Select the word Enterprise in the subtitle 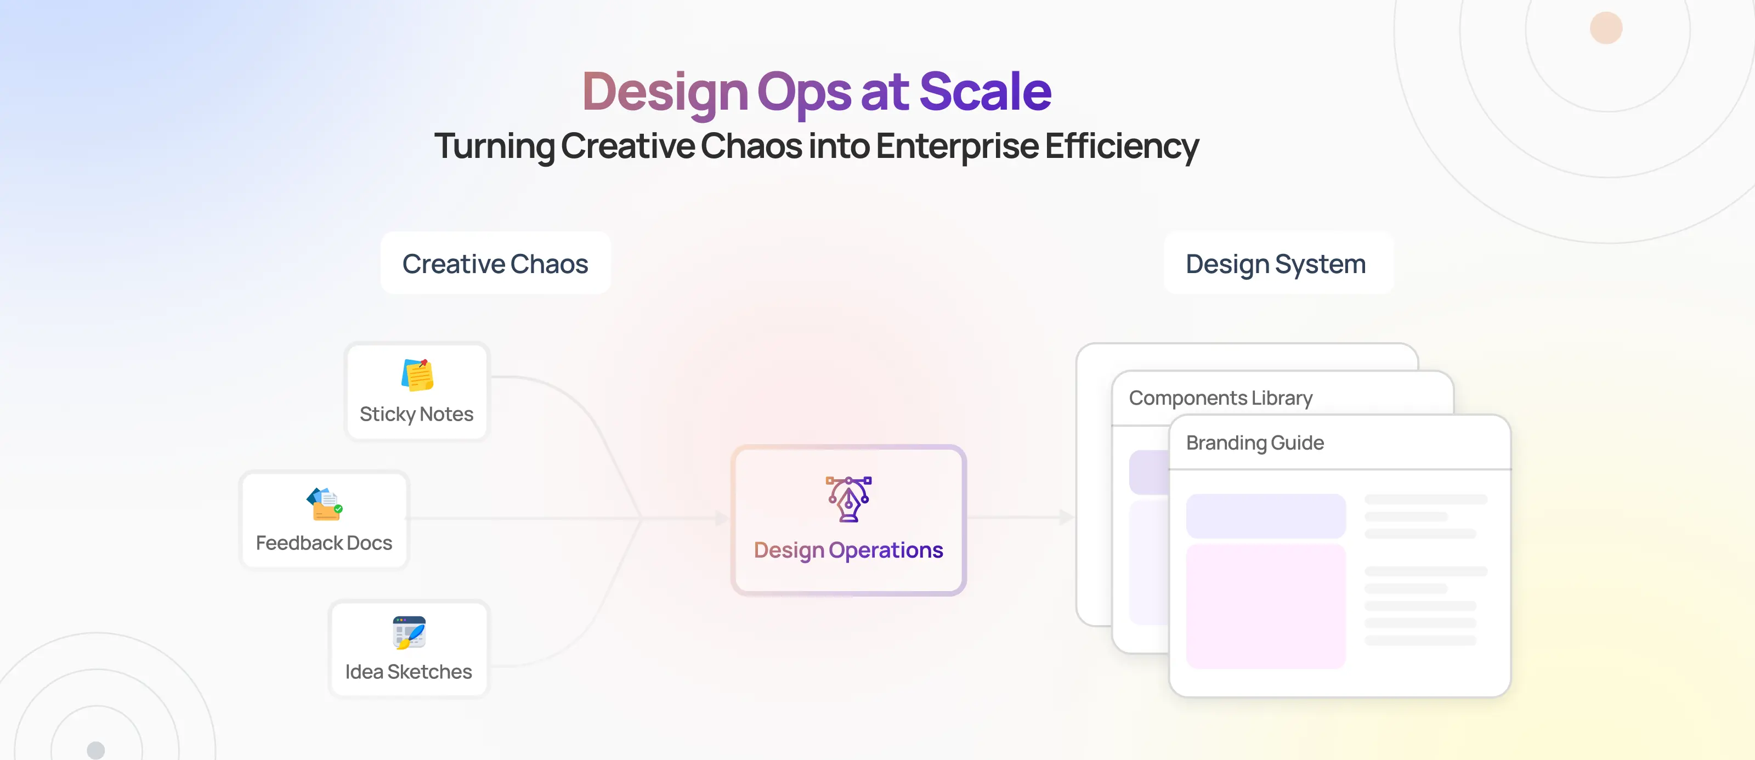[x=957, y=147]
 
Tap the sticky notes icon [x=417, y=375]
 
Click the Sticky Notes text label [x=416, y=414]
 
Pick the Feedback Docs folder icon [x=324, y=504]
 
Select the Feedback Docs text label [x=324, y=543]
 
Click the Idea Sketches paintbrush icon [x=410, y=633]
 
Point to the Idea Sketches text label [x=409, y=672]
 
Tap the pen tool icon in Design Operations [x=849, y=499]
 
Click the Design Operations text [x=849, y=550]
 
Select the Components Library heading [x=1221, y=398]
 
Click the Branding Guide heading [x=1255, y=443]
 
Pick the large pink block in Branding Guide [x=1266, y=606]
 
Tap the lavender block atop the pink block [x=1266, y=515]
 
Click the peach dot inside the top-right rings [x=1606, y=28]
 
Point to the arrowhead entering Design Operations [x=722, y=518]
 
